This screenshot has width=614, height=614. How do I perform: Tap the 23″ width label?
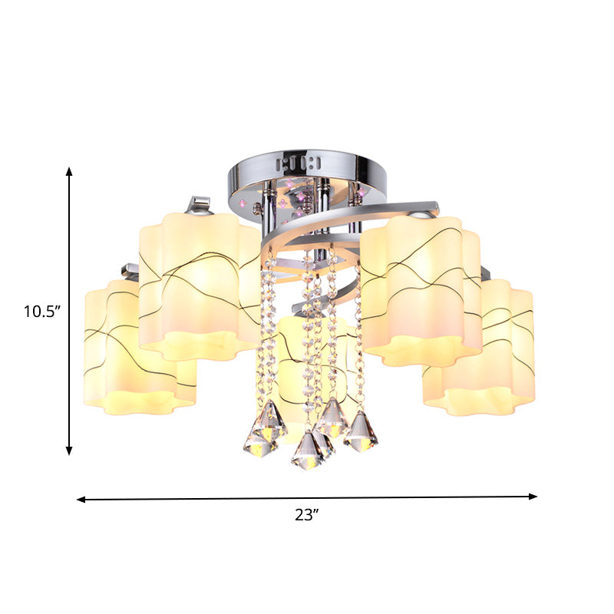[306, 516]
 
